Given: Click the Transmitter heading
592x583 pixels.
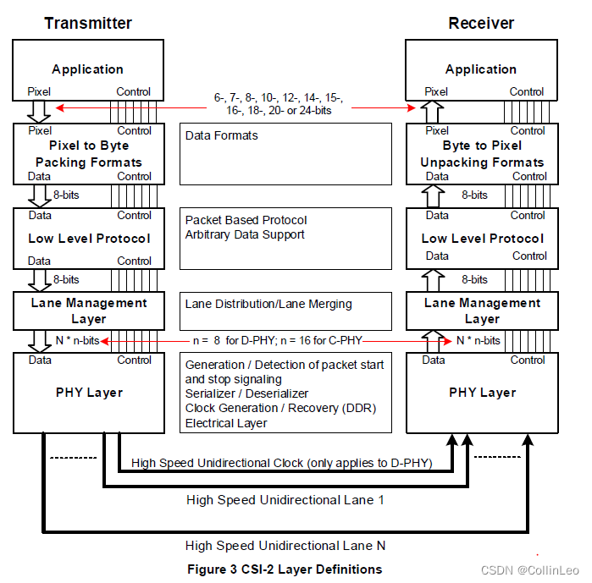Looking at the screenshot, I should [x=88, y=23].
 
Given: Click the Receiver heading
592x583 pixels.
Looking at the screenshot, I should [x=481, y=23].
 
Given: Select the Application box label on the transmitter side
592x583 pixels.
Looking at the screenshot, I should [x=88, y=69].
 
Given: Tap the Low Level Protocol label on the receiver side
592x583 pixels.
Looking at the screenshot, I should [x=482, y=239].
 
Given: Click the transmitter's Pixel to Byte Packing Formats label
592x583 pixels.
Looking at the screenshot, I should [x=89, y=154].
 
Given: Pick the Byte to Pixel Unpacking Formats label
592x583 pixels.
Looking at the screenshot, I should [x=482, y=154].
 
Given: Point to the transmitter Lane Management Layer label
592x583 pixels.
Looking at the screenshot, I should [x=89, y=311].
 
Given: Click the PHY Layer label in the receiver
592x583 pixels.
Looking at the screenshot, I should [x=482, y=393].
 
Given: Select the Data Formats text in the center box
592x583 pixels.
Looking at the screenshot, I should [x=222, y=135].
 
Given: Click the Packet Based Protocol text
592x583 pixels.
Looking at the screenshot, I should [x=246, y=220].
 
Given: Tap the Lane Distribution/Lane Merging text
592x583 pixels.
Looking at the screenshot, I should [x=268, y=304].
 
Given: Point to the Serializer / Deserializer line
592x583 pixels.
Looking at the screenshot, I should [x=247, y=393].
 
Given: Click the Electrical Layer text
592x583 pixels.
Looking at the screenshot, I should [x=226, y=423].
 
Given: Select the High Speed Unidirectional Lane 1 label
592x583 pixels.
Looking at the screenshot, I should [x=285, y=500].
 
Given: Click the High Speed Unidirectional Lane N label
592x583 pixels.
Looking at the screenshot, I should [x=285, y=546].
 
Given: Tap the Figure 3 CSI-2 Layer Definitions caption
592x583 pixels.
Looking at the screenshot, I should [x=285, y=569].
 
